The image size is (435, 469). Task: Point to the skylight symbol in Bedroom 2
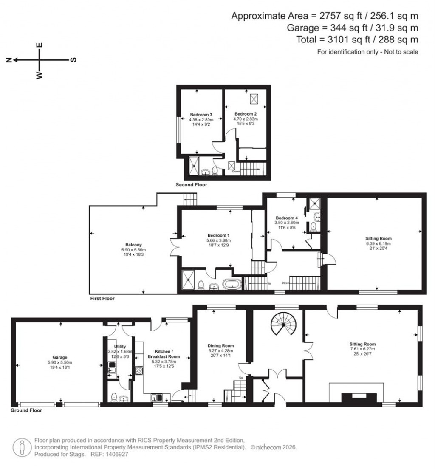[254, 99]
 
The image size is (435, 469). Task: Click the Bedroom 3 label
[201, 115]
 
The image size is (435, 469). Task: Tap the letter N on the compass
[8, 60]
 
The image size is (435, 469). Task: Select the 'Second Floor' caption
[191, 185]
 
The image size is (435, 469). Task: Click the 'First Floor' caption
[102, 299]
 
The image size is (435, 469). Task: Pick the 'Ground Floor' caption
[26, 411]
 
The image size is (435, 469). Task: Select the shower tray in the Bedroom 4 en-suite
[315, 203]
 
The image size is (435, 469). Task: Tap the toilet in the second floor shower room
[215, 171]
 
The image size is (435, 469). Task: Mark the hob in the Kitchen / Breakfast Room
[139, 370]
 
